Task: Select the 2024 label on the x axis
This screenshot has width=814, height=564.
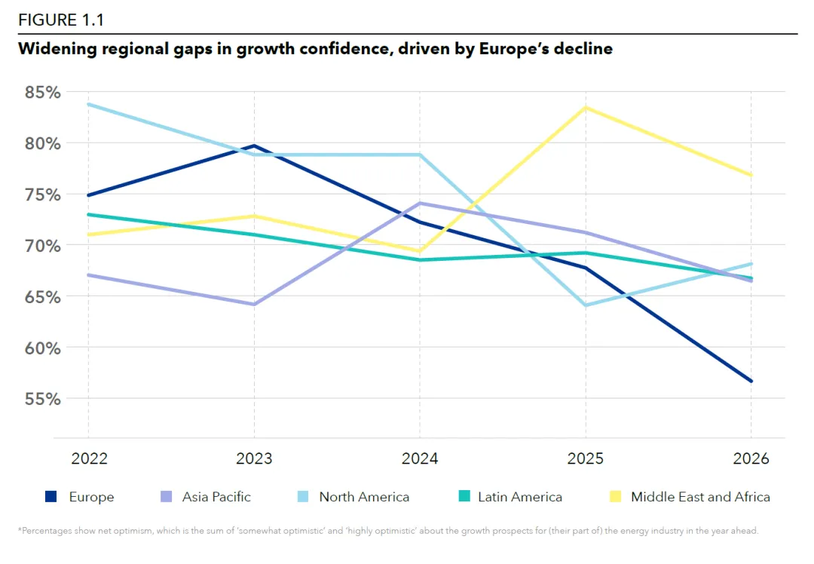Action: tap(420, 458)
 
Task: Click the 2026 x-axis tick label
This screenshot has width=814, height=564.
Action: tap(751, 458)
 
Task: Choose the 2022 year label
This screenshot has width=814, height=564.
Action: tap(88, 458)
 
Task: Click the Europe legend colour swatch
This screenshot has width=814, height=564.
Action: tap(51, 497)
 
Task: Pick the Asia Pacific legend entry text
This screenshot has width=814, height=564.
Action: tap(216, 497)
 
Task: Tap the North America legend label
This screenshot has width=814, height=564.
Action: tap(364, 497)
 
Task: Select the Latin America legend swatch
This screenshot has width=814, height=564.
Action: tap(464, 497)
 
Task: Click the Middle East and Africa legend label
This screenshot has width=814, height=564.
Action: tap(700, 497)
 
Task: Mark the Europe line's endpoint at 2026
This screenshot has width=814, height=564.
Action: tap(751, 381)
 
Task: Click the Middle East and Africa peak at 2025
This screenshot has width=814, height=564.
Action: tap(586, 107)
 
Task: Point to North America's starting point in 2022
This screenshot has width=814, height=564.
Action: tap(88, 104)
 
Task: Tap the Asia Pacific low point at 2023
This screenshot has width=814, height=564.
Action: tap(254, 305)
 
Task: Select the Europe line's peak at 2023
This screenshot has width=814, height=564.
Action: tap(254, 146)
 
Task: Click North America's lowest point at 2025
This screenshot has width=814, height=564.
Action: tap(586, 305)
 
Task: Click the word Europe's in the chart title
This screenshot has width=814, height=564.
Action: tap(515, 50)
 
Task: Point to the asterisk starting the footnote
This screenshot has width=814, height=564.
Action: tap(20, 530)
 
